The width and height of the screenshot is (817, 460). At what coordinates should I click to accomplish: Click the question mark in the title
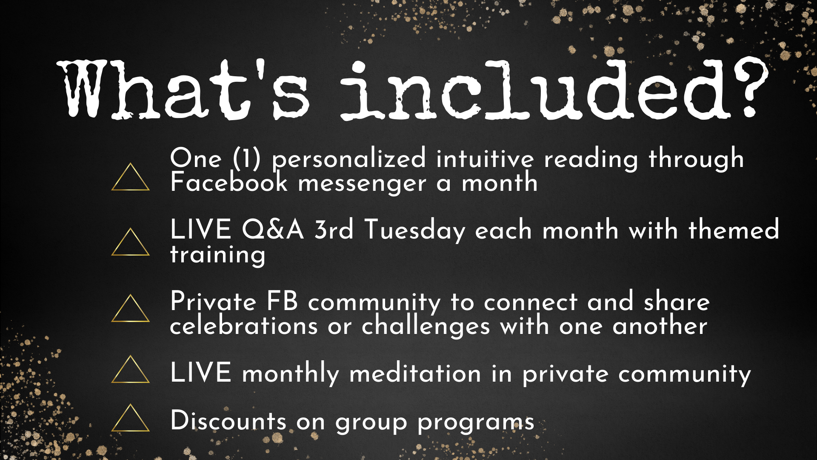[x=751, y=87]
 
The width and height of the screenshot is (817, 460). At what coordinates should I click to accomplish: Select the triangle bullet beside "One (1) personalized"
[x=130, y=177]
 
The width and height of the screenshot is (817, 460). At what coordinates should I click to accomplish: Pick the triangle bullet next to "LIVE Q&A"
[x=130, y=242]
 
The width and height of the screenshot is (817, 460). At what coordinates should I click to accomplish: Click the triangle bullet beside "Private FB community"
[x=130, y=308]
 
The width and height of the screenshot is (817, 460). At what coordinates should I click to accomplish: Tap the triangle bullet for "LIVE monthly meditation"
[x=130, y=369]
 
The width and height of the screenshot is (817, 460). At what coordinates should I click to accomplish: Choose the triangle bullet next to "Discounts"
[x=130, y=418]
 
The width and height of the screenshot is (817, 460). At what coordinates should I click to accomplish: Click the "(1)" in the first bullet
[x=247, y=158]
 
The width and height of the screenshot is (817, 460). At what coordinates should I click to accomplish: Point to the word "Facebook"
[x=229, y=182]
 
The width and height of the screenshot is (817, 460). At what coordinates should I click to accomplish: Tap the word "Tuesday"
[x=415, y=230]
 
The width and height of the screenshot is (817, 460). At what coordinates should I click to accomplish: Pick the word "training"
[x=217, y=255]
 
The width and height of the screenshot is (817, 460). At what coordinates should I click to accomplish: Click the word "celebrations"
[x=244, y=326]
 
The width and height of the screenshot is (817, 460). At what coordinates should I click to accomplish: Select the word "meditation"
[x=415, y=373]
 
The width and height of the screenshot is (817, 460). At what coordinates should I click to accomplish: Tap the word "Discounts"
[x=228, y=420]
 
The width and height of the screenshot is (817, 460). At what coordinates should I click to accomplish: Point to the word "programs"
[x=476, y=423]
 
